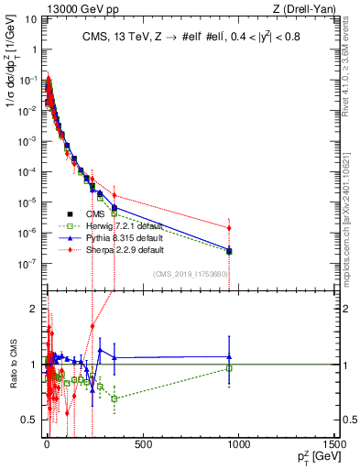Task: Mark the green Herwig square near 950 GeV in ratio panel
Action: [229, 368]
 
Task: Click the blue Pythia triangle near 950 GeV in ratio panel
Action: [229, 357]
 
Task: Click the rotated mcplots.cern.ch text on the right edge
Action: [352, 229]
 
